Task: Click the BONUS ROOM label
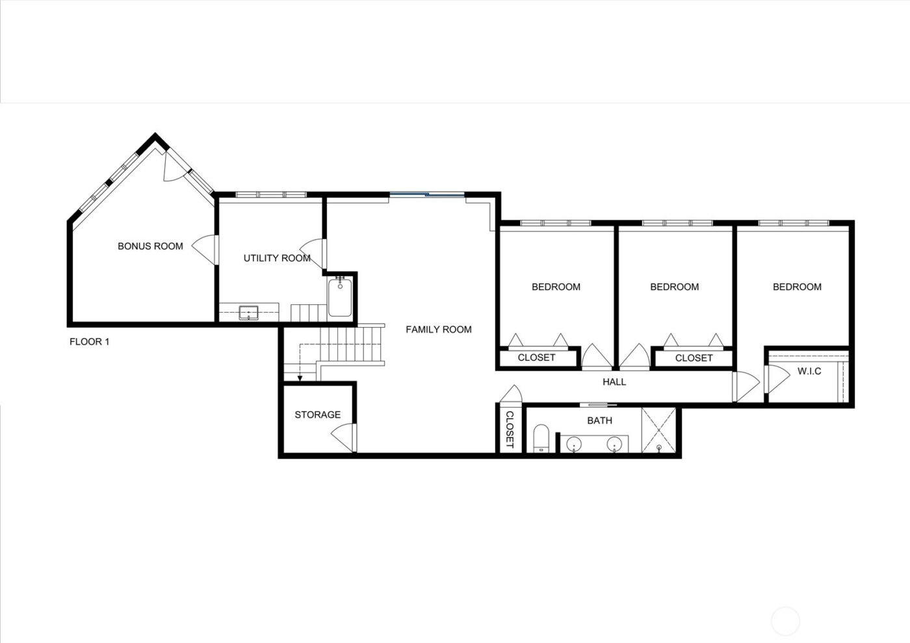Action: (150, 246)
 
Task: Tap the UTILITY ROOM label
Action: (277, 258)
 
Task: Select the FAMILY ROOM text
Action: (439, 330)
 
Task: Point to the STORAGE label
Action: (317, 415)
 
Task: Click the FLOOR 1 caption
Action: (89, 342)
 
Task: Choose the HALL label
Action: (614, 382)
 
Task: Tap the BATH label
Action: (599, 421)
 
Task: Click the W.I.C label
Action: (809, 371)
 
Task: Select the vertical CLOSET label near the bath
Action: (510, 430)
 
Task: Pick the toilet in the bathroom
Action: (541, 438)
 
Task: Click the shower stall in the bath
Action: (658, 430)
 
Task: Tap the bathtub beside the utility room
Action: (339, 297)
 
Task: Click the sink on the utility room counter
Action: (248, 313)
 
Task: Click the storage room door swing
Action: (345, 435)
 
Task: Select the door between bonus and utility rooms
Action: (207, 248)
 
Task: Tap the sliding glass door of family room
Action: (427, 194)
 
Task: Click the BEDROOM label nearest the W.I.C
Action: (797, 287)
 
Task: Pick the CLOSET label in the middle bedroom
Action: (694, 358)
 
